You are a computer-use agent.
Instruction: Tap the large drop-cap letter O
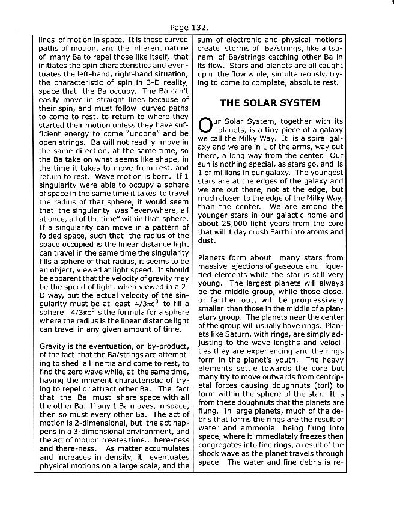(206, 126)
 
